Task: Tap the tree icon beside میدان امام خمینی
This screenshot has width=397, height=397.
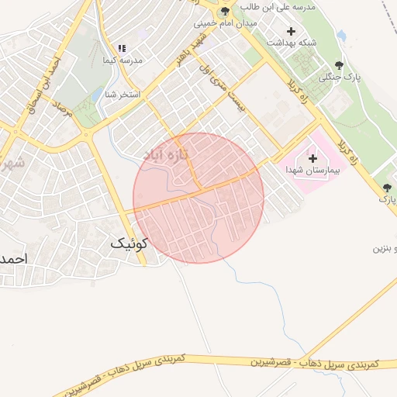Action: click(x=225, y=12)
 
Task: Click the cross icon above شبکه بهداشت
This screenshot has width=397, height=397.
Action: click(x=291, y=32)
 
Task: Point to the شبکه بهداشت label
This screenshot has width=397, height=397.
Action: click(x=290, y=45)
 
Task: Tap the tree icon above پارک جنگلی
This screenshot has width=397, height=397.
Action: click(x=337, y=66)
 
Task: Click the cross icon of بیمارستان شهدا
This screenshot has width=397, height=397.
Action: click(x=312, y=158)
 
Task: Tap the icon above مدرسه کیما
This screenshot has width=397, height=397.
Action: click(x=121, y=48)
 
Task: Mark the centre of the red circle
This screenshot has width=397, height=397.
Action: click(x=198, y=198)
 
